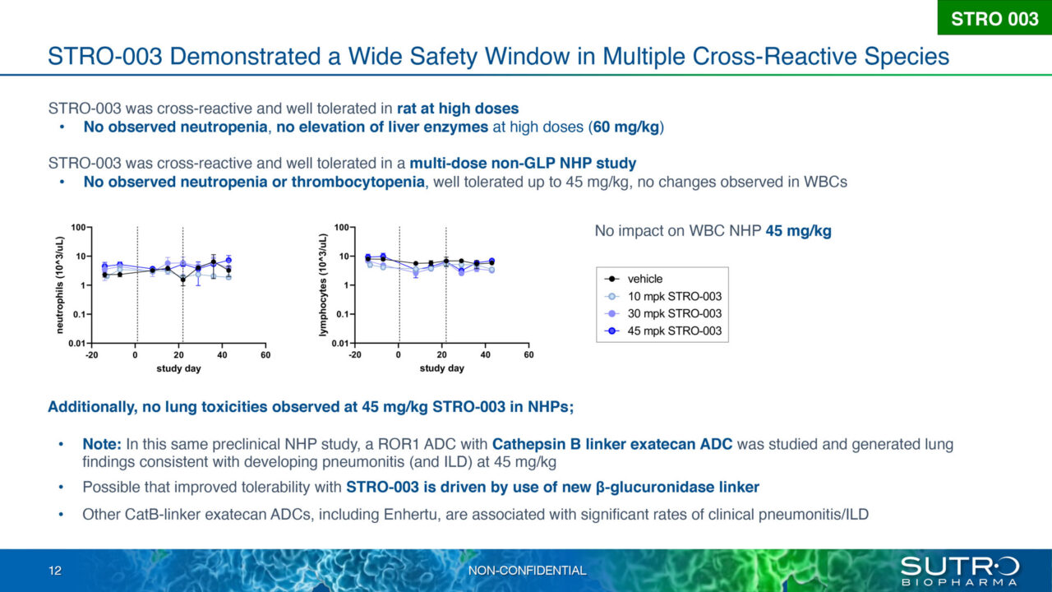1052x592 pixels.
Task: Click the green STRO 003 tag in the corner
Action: point(994,18)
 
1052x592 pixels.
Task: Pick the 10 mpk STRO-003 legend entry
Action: point(673,296)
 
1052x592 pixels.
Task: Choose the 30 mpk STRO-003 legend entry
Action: point(673,313)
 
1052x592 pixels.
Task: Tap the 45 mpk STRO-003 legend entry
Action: point(673,331)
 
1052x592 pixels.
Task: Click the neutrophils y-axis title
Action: point(60,284)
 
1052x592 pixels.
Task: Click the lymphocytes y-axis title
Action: point(324,284)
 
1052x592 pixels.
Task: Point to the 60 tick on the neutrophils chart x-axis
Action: point(265,355)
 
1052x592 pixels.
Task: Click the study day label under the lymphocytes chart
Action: point(441,368)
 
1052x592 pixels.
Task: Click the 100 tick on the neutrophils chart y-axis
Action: point(79,227)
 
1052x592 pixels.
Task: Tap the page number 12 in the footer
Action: point(54,571)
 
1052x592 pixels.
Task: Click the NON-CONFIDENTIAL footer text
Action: point(527,571)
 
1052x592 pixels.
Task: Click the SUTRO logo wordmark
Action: point(959,566)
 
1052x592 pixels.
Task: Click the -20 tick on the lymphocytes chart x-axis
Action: point(355,355)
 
